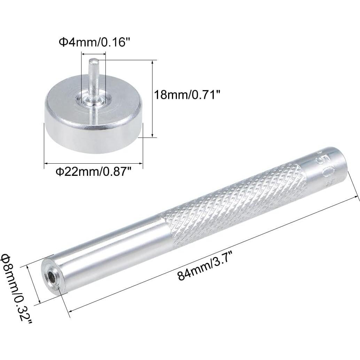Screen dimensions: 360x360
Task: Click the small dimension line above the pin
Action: pyautogui.click(x=93, y=54)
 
